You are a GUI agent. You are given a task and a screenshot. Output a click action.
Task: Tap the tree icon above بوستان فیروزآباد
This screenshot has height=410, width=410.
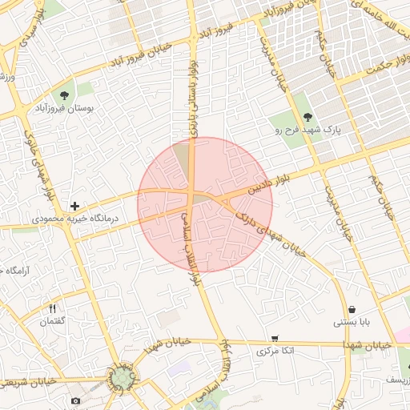(x=64, y=94)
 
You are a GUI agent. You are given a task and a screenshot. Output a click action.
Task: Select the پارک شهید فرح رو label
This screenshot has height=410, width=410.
(x=315, y=127)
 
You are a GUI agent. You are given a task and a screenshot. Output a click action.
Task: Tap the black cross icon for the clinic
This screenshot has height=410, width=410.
(x=74, y=206)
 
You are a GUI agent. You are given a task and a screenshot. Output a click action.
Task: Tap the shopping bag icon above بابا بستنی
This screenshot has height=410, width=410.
(x=352, y=310)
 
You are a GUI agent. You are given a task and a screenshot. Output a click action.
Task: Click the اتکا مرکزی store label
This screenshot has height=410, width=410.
(x=275, y=351)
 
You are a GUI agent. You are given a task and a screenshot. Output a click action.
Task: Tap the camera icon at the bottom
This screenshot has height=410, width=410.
(x=75, y=400)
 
